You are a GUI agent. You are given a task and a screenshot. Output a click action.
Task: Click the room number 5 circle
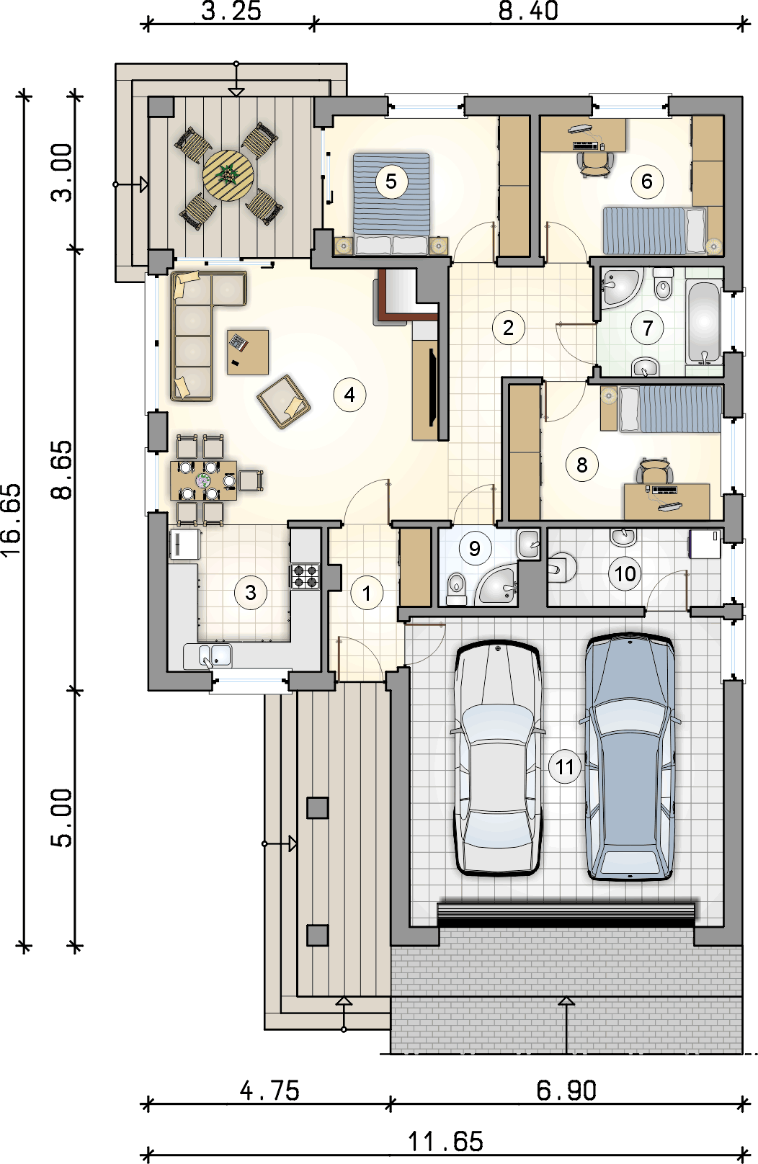pyautogui.click(x=391, y=182)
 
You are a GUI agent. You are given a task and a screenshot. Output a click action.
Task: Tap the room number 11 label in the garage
pyautogui.click(x=565, y=766)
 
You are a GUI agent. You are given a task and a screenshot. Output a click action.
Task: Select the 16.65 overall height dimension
pyautogui.click(x=12, y=520)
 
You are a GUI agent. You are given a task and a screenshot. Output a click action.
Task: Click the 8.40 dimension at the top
pyautogui.click(x=528, y=11)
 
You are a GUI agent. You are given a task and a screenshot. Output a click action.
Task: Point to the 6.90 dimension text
pyautogui.click(x=566, y=1090)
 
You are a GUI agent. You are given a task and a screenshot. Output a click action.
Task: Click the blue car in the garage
pyautogui.click(x=630, y=756)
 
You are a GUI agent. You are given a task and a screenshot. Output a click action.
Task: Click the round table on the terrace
pyautogui.click(x=228, y=176)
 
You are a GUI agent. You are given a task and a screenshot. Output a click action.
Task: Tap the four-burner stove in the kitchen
pyautogui.click(x=306, y=576)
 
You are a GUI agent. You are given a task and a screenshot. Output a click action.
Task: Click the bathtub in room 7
pyautogui.click(x=703, y=323)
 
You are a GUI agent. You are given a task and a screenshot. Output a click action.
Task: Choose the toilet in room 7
pyautogui.click(x=663, y=284)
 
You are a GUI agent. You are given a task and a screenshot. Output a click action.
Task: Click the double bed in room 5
pyautogui.click(x=391, y=203)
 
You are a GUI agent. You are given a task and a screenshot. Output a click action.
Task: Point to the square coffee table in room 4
pyautogui.click(x=248, y=352)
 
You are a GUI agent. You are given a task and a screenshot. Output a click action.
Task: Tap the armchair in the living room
pyautogui.click(x=284, y=402)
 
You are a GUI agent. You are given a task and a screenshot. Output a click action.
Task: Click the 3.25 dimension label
pyautogui.click(x=231, y=11)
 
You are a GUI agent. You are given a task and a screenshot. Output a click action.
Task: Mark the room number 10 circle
pyautogui.click(x=625, y=573)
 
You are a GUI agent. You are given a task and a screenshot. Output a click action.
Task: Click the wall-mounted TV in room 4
pyautogui.click(x=431, y=387)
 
